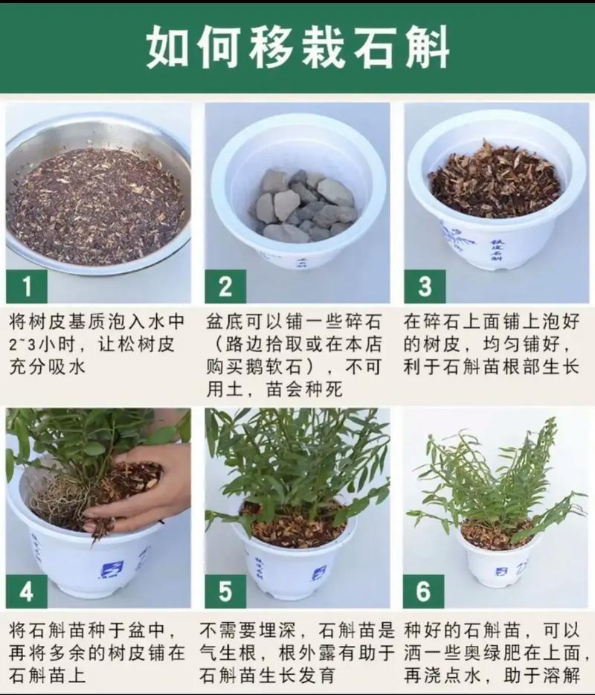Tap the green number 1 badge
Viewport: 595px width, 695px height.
26,286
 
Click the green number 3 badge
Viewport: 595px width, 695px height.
425,286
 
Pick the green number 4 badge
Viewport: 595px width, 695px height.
26,592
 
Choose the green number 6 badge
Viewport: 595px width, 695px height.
423,592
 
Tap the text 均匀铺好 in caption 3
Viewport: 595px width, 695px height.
524,345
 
